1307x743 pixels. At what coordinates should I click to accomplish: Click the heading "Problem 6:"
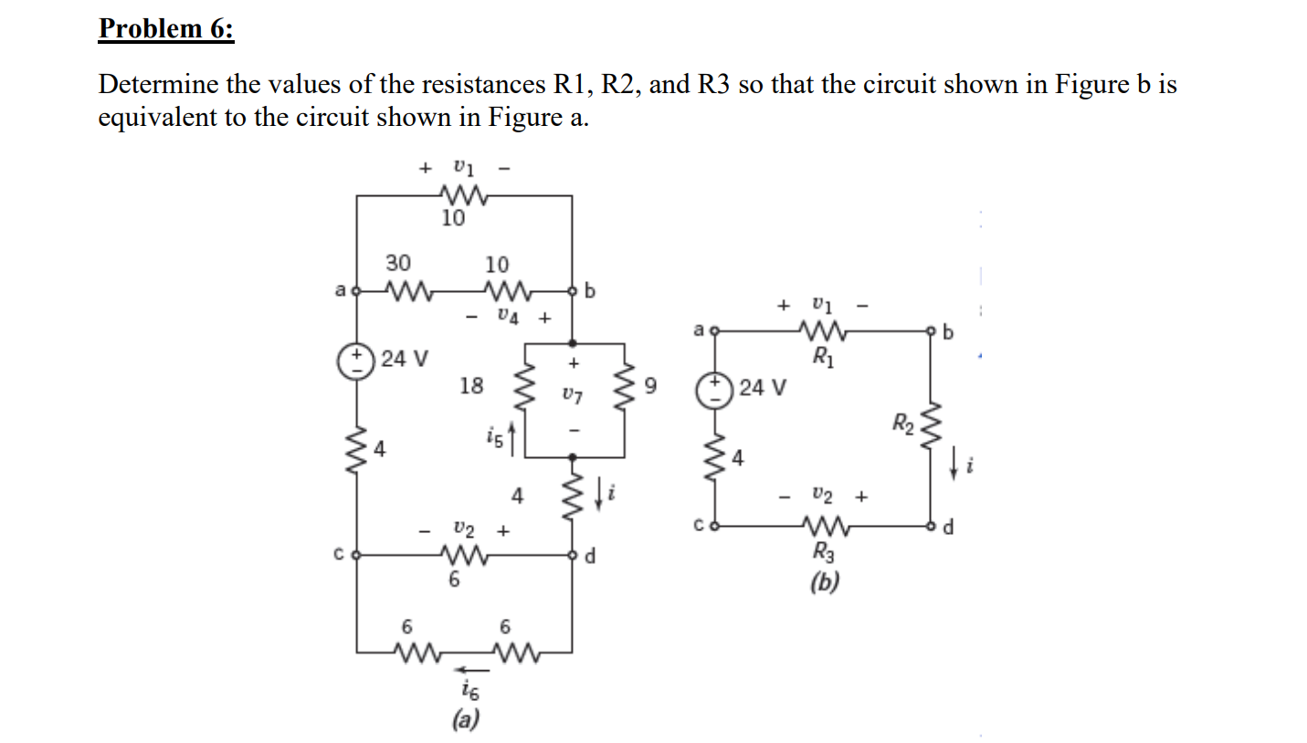(x=165, y=29)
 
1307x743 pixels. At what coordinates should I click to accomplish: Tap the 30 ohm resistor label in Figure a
(x=397, y=263)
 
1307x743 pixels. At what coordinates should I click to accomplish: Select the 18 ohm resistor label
(x=471, y=386)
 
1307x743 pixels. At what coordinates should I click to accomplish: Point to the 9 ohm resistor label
(x=650, y=386)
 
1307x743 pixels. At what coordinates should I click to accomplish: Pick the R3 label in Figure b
(x=824, y=551)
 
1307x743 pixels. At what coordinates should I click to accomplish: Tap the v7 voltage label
(x=573, y=394)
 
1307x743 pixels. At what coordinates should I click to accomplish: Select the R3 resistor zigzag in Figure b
(x=824, y=527)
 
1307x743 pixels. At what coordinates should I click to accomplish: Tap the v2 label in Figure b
(x=822, y=496)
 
